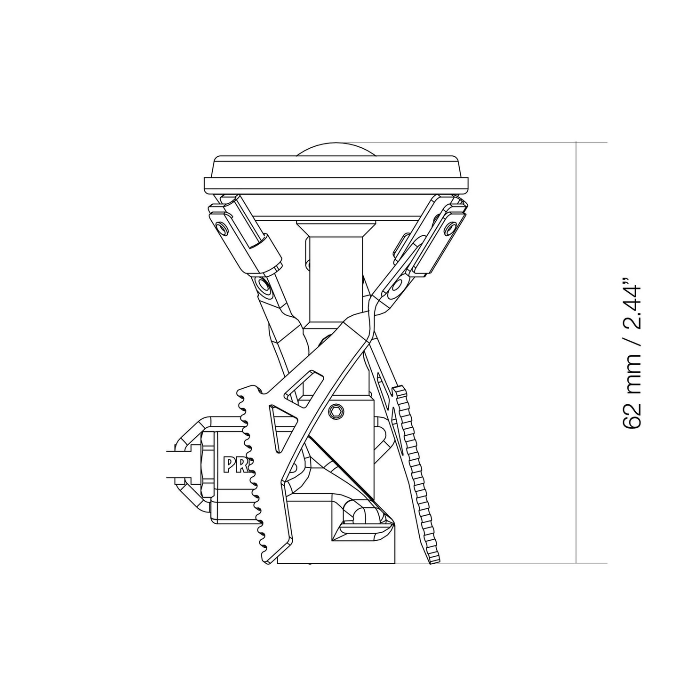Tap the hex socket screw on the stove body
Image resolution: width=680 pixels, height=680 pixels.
coord(335,411)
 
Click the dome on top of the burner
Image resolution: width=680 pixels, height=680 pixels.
coord(336,150)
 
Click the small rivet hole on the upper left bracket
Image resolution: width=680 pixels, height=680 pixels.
coord(222,229)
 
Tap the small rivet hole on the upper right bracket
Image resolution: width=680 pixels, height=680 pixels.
coord(451,228)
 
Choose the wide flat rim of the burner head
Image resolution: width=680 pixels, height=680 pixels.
coord(336,183)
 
